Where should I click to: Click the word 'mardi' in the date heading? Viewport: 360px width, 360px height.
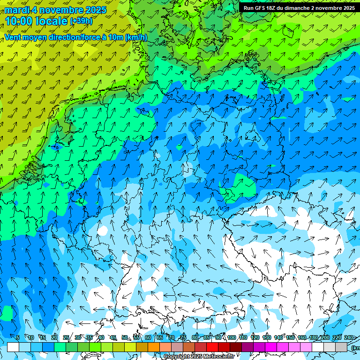pyautogui.click(x=15, y=10)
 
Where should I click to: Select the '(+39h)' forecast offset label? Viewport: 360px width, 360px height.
pyautogui.click(x=81, y=21)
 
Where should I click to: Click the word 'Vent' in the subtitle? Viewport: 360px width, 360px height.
pyautogui.click(x=14, y=37)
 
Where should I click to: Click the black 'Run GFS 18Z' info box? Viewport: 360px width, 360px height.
pyautogui.click(x=299, y=8)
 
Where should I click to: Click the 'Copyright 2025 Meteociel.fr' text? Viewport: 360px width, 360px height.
pyautogui.click(x=199, y=356)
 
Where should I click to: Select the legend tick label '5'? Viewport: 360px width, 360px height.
pyautogui.click(x=18, y=337)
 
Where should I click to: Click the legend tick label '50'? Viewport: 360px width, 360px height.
pyautogui.click(x=125, y=337)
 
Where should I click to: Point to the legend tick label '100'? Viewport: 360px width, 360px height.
pyautogui.click(x=231, y=337)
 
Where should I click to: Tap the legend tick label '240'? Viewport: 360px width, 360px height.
pyautogui.click(x=349, y=337)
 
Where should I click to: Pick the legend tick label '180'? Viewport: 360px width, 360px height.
pyautogui.click(x=313, y=337)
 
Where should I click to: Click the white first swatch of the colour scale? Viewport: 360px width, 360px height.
pyautogui.click(x=13, y=347)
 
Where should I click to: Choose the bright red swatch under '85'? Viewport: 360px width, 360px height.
pyautogui.click(x=212, y=347)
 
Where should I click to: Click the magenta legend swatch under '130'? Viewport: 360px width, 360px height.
pyautogui.click(x=271, y=347)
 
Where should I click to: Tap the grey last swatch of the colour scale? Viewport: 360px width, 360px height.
pyautogui.click(x=341, y=347)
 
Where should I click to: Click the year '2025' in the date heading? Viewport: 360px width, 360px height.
pyautogui.click(x=94, y=10)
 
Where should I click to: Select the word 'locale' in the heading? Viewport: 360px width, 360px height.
pyautogui.click(x=52, y=21)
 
